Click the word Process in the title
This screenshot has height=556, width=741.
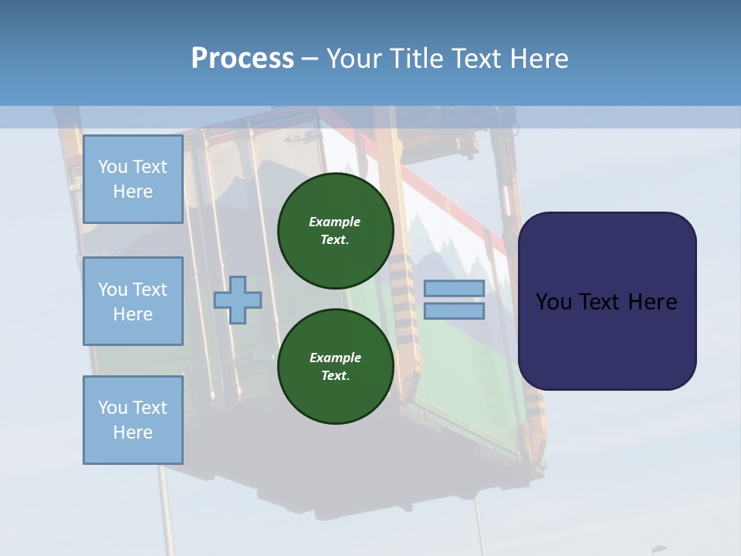(x=242, y=59)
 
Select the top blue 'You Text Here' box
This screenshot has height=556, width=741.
(x=133, y=179)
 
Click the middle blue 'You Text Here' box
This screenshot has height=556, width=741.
(x=133, y=301)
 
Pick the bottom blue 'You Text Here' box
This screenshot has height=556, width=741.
(x=133, y=420)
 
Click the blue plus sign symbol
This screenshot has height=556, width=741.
(x=238, y=300)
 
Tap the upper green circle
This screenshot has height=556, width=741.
(x=336, y=231)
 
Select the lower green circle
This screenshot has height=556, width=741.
(x=336, y=367)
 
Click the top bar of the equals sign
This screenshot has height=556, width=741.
(x=454, y=289)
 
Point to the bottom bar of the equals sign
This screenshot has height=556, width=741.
(x=454, y=311)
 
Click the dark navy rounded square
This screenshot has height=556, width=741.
(x=607, y=301)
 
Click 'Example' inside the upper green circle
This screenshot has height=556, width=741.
(x=335, y=222)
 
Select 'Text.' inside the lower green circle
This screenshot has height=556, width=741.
(x=335, y=376)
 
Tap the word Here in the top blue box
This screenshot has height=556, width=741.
(x=133, y=192)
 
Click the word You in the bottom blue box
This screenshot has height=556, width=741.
(x=112, y=408)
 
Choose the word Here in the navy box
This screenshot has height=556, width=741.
(x=653, y=302)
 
